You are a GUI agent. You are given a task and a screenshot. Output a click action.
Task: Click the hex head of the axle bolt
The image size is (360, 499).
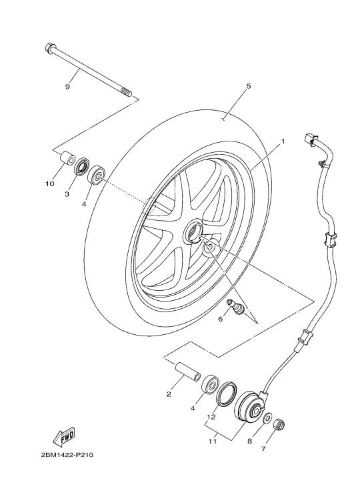[x=49, y=48]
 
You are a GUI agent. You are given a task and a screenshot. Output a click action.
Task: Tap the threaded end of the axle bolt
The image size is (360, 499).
[x=126, y=93]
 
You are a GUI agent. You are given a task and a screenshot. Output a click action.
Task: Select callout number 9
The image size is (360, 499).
[x=67, y=87]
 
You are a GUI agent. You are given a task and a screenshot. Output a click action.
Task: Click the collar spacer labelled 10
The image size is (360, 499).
[x=67, y=159]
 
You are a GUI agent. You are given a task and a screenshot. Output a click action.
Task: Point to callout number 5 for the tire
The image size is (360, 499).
[x=249, y=86]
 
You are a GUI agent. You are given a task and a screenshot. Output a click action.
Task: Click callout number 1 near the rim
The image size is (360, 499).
[x=282, y=141]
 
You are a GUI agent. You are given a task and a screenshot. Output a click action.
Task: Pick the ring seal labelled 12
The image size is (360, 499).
[x=227, y=394]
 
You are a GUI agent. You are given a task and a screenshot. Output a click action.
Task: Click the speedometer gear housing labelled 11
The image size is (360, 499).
[x=249, y=408]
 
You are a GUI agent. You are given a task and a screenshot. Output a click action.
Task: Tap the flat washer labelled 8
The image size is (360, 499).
[x=267, y=417]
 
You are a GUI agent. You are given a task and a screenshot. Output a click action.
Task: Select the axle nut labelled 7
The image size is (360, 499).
[x=279, y=424]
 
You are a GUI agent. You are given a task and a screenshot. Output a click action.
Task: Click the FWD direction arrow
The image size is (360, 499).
[x=63, y=436]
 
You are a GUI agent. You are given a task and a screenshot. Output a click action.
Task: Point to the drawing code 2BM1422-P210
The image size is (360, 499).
[x=67, y=455]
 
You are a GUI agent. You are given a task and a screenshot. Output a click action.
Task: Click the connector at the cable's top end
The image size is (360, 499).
[x=310, y=139]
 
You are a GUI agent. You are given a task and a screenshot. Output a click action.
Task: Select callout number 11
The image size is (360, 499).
[x=213, y=442]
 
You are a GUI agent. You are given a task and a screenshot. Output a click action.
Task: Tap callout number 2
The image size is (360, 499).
[x=169, y=394]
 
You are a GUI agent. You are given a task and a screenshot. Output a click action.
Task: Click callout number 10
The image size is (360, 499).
[x=49, y=183]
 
